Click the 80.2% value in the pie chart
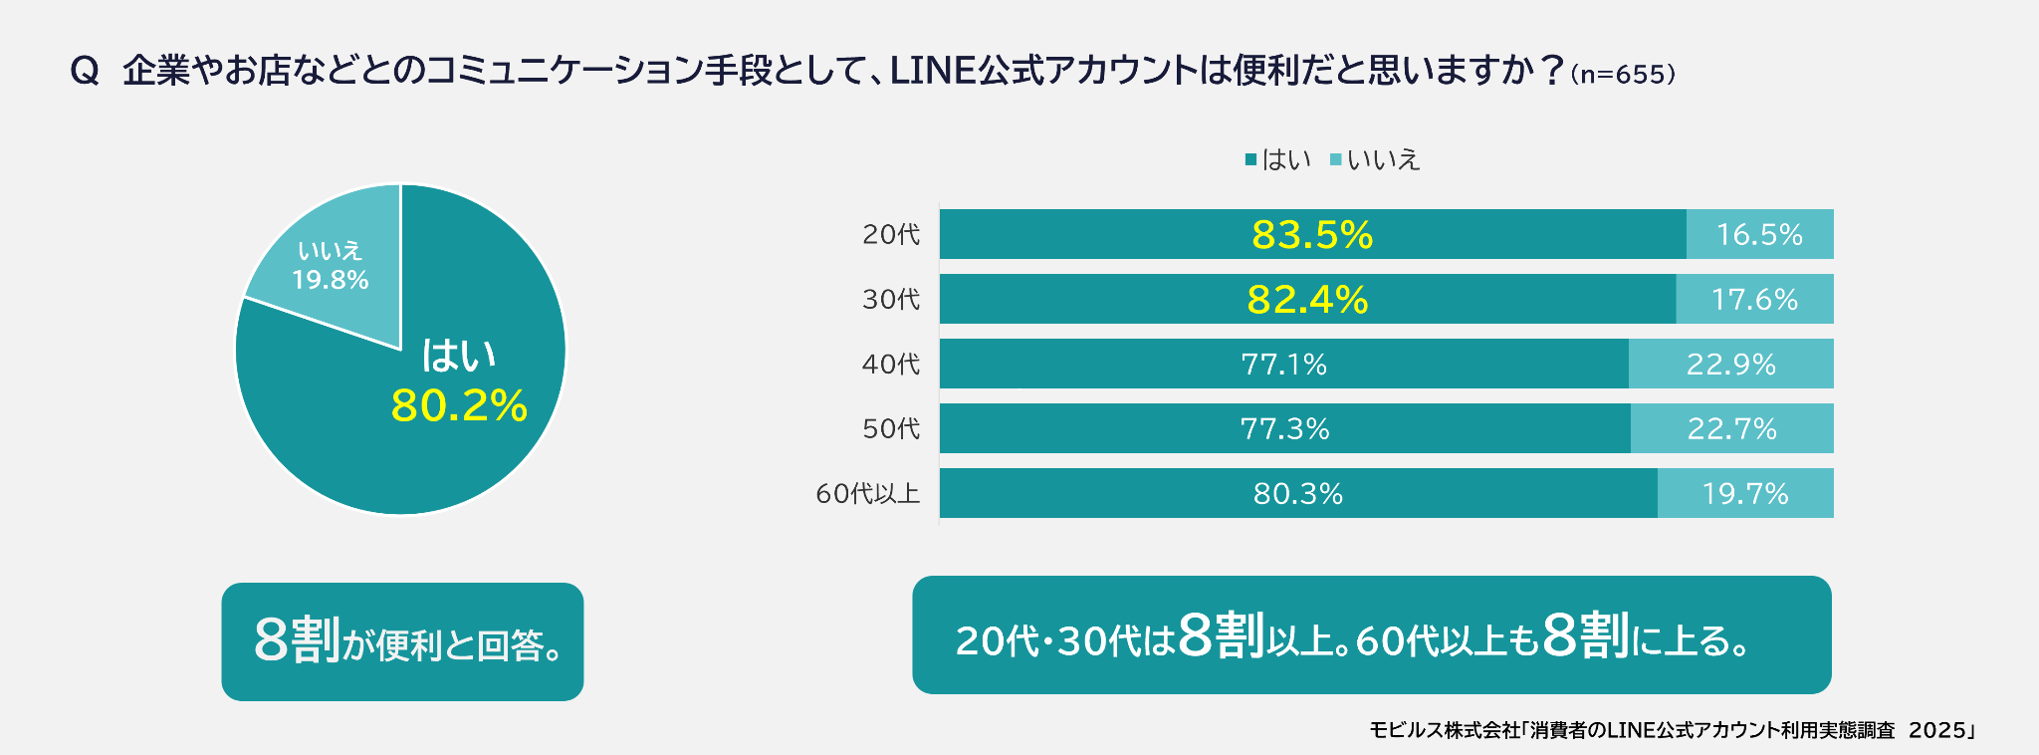point(459,405)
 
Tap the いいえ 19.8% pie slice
point(331,265)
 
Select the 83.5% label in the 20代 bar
point(1312,235)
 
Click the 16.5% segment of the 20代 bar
point(1759,235)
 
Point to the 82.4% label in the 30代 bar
point(1307,300)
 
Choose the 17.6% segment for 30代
point(1754,300)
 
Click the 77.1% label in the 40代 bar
point(1284,365)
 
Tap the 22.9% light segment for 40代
point(1731,365)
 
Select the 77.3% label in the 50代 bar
point(1284,429)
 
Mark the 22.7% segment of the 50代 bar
point(1732,429)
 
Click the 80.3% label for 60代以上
point(1297,494)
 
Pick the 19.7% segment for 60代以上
point(1745,494)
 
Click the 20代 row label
point(891,235)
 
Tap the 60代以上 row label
point(867,494)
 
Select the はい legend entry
point(1278,159)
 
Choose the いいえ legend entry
point(1375,159)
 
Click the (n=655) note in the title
point(1622,75)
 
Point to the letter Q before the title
point(85,72)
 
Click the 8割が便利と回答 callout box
point(402,641)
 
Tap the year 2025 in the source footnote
point(1936,730)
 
